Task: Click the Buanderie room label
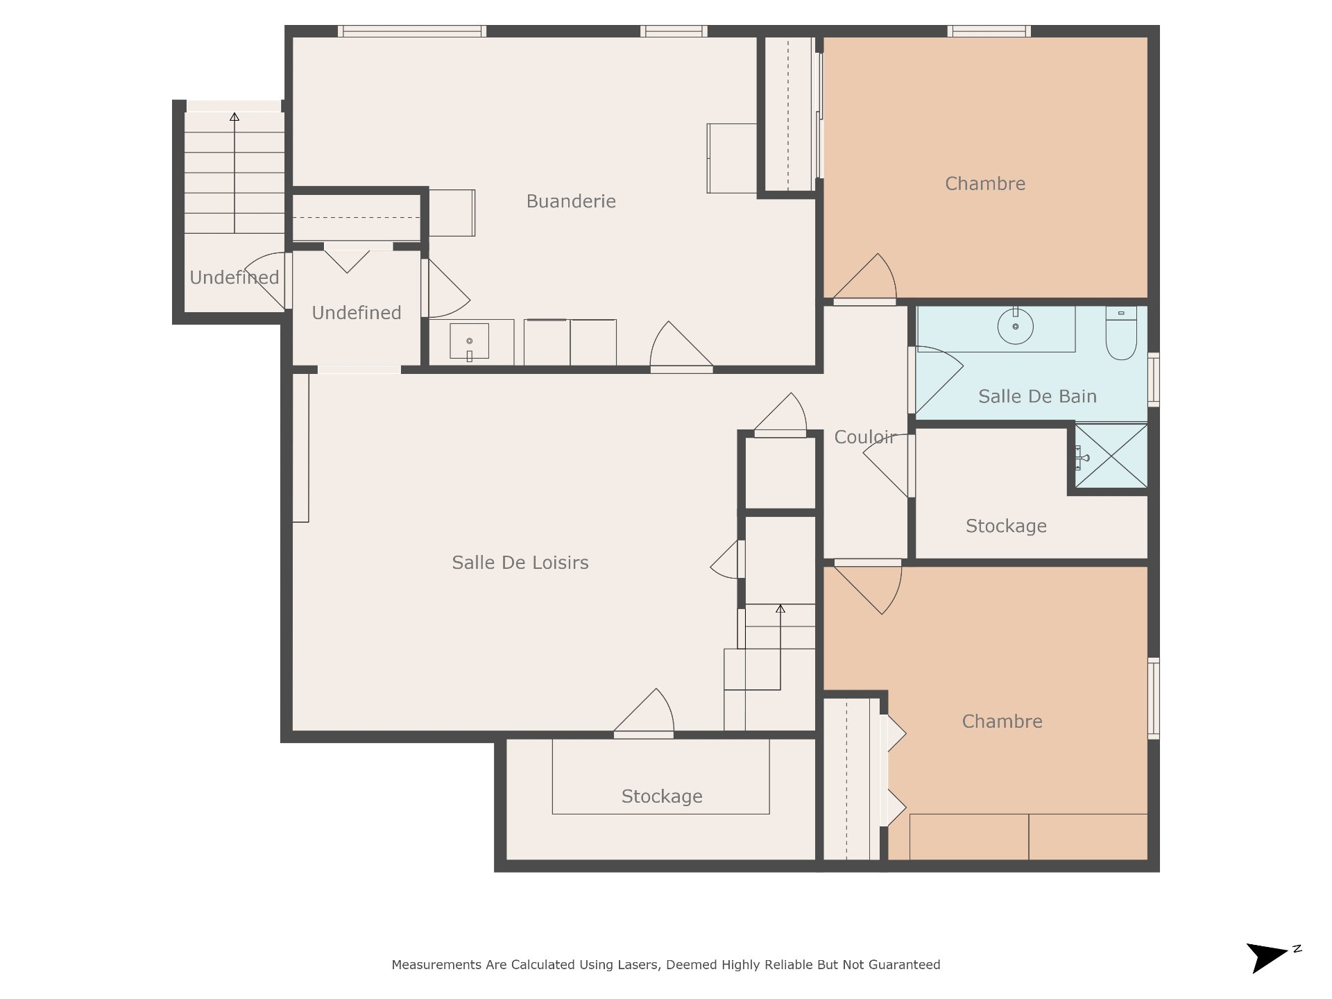pyautogui.click(x=571, y=201)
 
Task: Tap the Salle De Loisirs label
pyautogui.click(x=520, y=563)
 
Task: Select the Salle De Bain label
pyautogui.click(x=1037, y=396)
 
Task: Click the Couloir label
pyautogui.click(x=865, y=437)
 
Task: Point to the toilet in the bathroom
pyautogui.click(x=1121, y=333)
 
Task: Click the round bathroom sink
pyautogui.click(x=1016, y=326)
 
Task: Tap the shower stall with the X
pyautogui.click(x=1111, y=455)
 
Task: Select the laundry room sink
pyautogui.click(x=470, y=341)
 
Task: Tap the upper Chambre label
pyautogui.click(x=985, y=184)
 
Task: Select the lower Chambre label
pyautogui.click(x=1002, y=721)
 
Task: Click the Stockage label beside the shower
pyautogui.click(x=1006, y=526)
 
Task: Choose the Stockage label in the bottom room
pyautogui.click(x=662, y=796)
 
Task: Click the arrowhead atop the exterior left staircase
pyautogui.click(x=234, y=117)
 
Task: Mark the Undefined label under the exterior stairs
pyautogui.click(x=234, y=277)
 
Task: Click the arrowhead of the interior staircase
pyautogui.click(x=780, y=608)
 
